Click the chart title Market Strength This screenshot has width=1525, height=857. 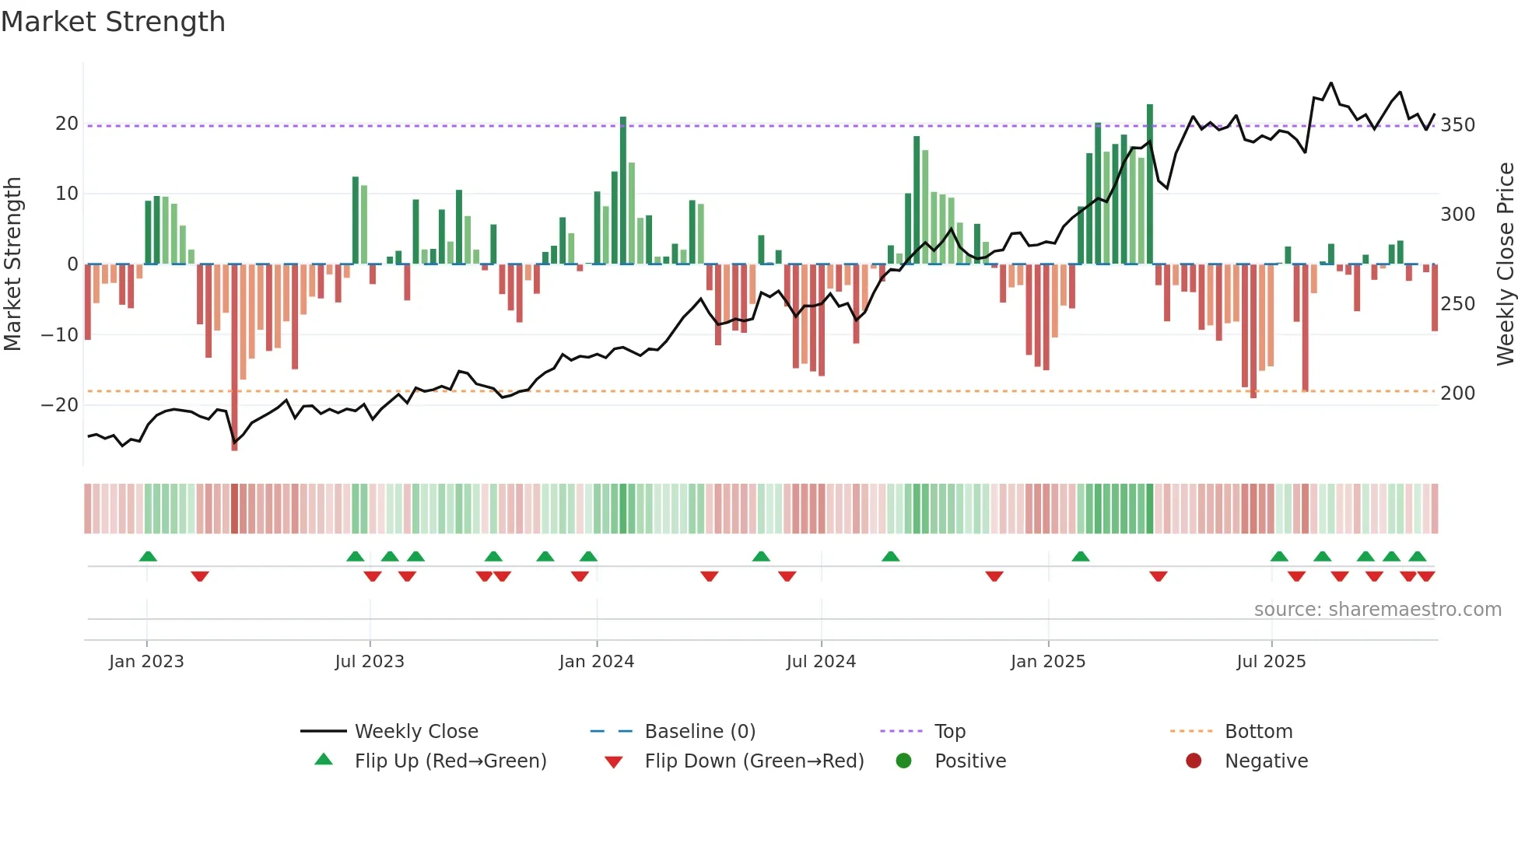113,22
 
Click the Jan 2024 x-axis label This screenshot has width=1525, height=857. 596,662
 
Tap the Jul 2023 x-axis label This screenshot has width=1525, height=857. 370,662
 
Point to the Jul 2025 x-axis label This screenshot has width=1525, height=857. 1271,662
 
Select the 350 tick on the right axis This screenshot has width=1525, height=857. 1457,125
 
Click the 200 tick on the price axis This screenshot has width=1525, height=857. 1457,394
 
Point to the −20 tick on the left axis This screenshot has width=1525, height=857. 60,405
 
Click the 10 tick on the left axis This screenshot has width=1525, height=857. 67,194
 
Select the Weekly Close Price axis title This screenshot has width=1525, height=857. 1506,264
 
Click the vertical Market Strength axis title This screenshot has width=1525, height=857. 12,264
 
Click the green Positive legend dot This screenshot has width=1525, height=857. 903,761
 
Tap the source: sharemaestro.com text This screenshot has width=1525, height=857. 1377,610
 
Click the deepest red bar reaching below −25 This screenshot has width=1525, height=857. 234,358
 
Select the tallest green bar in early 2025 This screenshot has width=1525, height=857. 1149,184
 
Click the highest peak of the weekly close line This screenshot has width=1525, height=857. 1330,83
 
